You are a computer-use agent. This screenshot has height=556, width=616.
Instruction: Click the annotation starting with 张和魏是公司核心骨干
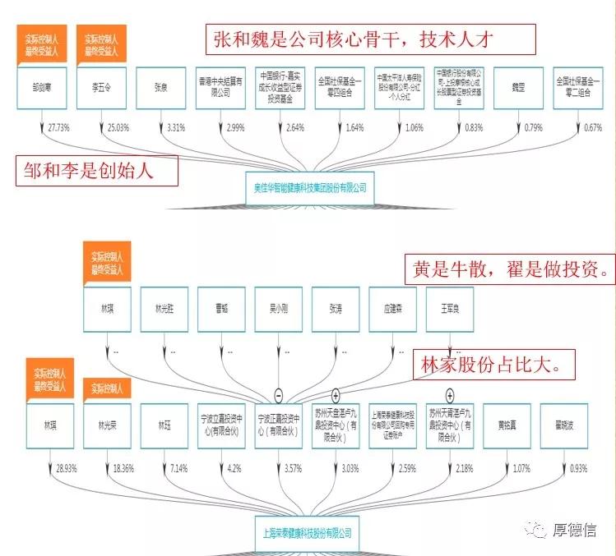369,39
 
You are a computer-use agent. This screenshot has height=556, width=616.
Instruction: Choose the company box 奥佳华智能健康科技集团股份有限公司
309,187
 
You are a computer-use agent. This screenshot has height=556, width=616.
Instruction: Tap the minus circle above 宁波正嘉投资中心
279,396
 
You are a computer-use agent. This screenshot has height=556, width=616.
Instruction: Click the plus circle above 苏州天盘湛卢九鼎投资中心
336,396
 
